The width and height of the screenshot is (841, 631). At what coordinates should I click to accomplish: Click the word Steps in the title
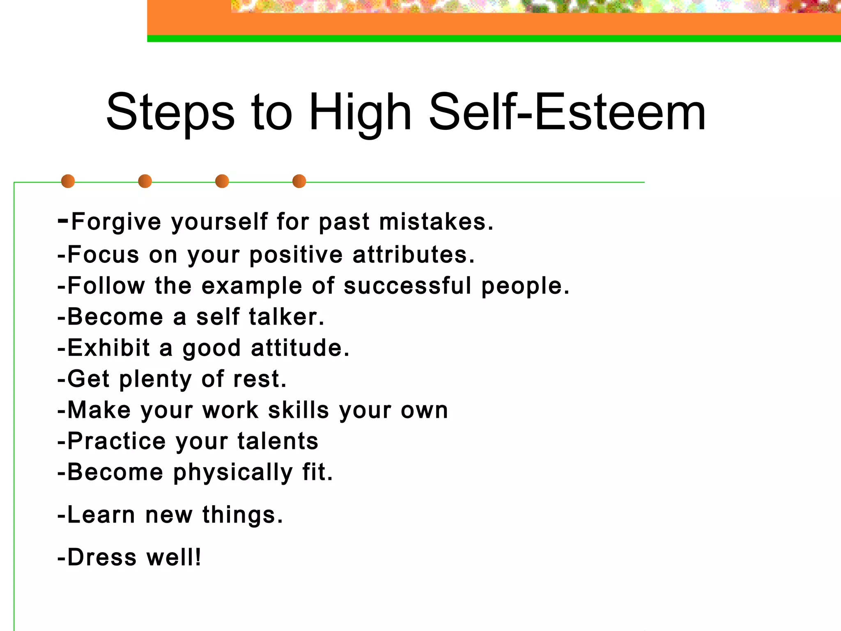pos(170,113)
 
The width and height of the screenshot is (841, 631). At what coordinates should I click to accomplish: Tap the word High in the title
pos(360,113)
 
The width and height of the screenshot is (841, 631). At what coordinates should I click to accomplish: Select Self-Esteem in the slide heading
pos(567,113)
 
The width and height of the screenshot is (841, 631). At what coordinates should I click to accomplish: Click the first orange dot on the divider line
pos(68,181)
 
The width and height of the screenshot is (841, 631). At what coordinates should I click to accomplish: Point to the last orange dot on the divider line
pos(299,181)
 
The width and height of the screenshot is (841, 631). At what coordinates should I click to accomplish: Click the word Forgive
pos(116,222)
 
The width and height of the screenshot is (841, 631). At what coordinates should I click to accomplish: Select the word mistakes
pos(436,222)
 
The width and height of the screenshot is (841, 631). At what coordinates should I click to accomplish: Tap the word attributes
pos(413,255)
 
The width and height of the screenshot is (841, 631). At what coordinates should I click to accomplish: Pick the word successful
pos(407,286)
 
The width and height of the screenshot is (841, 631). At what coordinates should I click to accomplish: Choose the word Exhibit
pos(108,348)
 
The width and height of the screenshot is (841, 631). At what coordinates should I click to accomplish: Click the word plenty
pos(155,380)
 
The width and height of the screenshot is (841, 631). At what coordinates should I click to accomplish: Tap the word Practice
pos(117,441)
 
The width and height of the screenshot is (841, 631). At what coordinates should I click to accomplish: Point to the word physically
pos(233,473)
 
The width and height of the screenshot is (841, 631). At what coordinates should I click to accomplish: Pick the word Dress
pos(102,557)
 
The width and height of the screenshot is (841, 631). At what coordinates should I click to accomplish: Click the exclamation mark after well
pos(198,557)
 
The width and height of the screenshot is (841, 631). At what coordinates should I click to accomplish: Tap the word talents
pos(278,441)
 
